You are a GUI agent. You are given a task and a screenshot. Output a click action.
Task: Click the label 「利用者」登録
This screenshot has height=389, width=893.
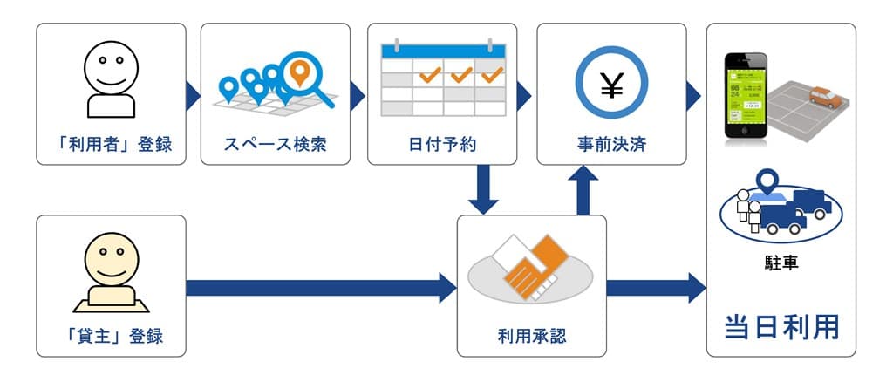click(111, 143)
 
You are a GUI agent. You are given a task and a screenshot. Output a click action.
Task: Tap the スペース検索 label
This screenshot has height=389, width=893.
click(276, 143)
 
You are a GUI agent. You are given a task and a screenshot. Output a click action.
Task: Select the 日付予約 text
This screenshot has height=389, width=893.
click(442, 143)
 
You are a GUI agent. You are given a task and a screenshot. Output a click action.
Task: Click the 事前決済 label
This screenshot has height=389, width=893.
click(611, 143)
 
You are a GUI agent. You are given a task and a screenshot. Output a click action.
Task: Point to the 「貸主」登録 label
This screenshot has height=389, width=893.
click(111, 335)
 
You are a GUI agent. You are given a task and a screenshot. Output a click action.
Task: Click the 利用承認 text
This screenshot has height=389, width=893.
click(532, 335)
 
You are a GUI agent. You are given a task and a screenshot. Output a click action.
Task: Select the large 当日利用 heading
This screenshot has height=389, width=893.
click(781, 326)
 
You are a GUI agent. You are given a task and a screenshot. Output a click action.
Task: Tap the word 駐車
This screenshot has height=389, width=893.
click(781, 262)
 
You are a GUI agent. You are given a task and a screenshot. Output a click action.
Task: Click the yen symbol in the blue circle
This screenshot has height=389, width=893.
click(611, 85)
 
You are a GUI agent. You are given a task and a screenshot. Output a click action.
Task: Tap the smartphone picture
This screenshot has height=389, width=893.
click(747, 96)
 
